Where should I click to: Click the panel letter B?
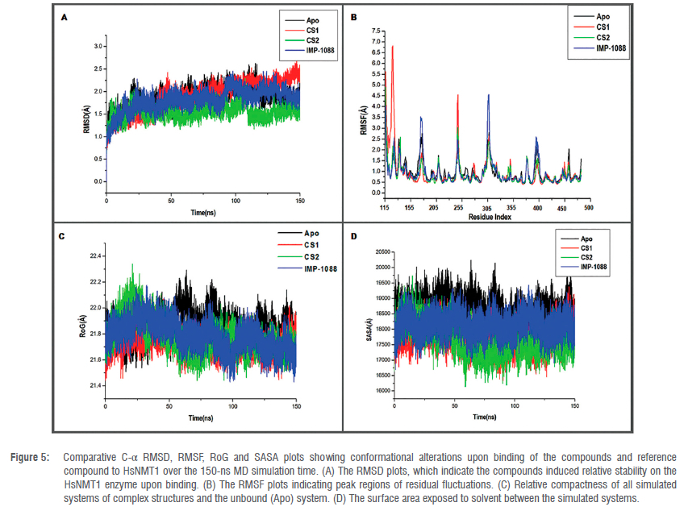[x=353, y=15]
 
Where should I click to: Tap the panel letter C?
[x=63, y=237]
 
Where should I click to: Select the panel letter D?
[x=353, y=236]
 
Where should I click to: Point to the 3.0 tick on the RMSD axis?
[x=97, y=47]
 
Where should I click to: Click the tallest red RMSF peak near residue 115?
[x=393, y=48]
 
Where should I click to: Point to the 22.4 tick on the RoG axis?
[x=94, y=256]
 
